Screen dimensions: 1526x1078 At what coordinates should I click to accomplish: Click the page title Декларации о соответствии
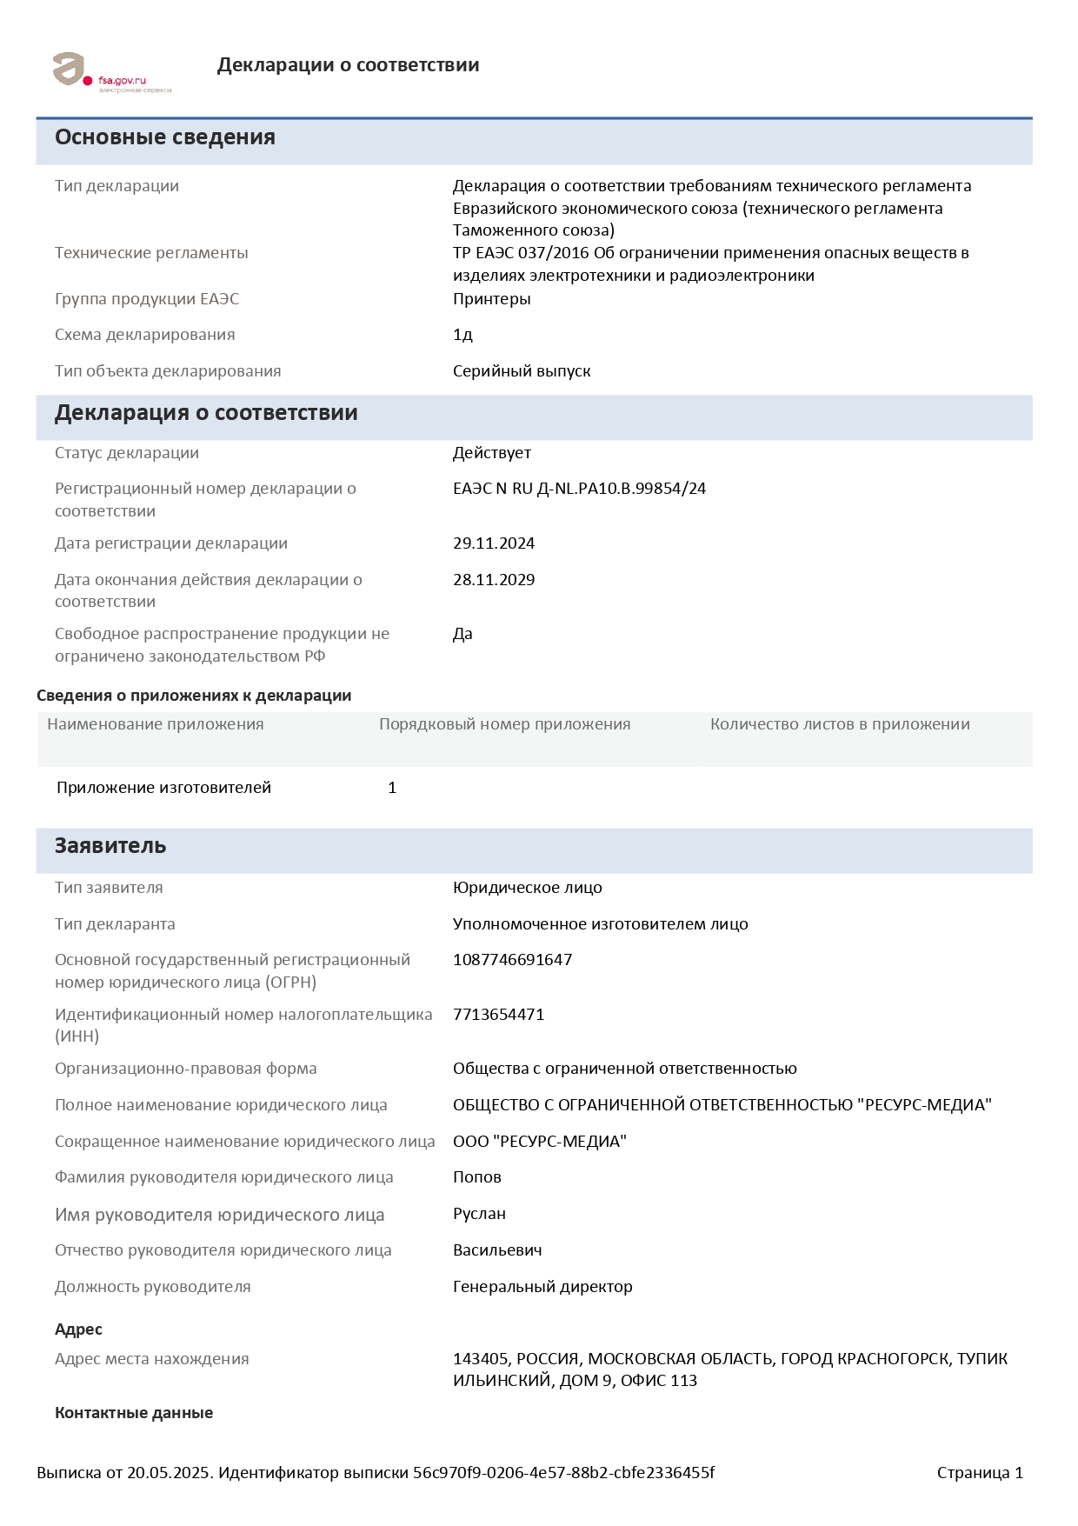point(348,65)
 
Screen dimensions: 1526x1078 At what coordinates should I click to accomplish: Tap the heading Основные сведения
point(165,137)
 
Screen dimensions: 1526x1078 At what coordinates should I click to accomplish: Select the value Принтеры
point(491,299)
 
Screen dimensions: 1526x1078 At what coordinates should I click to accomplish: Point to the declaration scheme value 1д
point(462,335)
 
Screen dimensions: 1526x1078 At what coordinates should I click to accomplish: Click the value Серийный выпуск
point(522,371)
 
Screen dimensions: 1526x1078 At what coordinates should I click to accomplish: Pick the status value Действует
point(491,453)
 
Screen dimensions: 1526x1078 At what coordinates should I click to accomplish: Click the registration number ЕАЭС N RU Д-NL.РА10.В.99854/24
point(579,489)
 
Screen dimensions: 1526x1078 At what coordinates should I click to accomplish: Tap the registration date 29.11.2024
point(494,543)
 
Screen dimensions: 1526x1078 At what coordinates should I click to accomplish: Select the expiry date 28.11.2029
point(494,580)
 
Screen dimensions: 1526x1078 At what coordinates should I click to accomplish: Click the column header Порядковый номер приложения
point(504,724)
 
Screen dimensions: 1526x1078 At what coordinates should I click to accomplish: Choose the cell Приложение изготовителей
point(163,788)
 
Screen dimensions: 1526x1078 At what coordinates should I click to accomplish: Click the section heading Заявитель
point(110,846)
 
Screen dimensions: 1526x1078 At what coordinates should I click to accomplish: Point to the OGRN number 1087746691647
point(512,960)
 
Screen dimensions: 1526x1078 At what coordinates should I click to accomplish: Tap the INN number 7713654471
point(498,1015)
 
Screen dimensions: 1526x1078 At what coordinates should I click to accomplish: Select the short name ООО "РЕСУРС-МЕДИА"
point(539,1142)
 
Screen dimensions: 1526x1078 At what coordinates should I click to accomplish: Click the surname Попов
point(476,1177)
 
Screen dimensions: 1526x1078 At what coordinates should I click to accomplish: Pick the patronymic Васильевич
point(497,1250)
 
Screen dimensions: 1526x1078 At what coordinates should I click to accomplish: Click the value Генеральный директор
point(542,1287)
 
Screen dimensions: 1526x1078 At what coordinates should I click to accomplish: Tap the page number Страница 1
point(980,1473)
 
